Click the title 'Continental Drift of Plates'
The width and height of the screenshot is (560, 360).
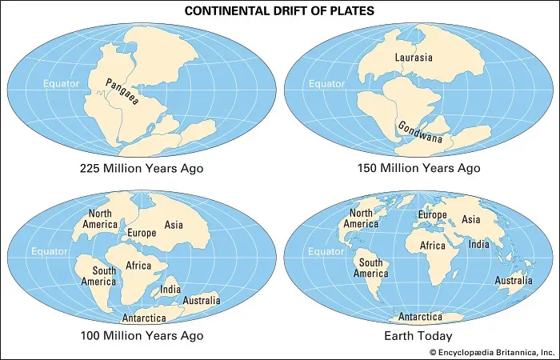point(279,11)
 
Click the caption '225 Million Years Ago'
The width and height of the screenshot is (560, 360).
point(142,169)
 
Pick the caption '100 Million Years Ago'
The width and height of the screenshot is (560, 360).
point(142,336)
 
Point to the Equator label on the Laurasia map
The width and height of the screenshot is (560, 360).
point(326,84)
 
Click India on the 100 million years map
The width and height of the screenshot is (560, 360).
point(170,289)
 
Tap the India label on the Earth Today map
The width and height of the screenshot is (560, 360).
point(479,244)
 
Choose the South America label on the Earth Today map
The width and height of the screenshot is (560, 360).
point(373,268)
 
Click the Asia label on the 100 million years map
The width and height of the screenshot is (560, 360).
point(173,225)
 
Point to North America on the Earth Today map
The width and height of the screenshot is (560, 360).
point(361,219)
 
